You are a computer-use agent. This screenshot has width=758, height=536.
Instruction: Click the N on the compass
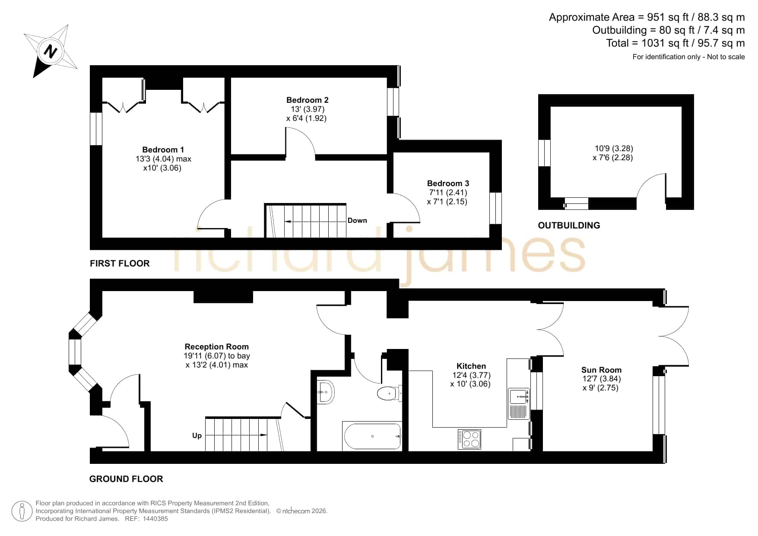pos(51,51)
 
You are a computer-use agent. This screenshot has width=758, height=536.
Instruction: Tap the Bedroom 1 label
pos(163,150)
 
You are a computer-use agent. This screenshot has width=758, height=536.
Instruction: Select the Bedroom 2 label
pos(307,100)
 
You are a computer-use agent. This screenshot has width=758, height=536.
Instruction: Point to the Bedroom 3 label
pos(448,184)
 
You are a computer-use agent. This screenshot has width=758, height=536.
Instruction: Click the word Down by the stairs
pos(357,220)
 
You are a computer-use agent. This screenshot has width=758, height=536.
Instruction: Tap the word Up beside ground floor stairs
pos(197,435)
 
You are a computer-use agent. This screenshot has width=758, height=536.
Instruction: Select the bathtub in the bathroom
pos(372,436)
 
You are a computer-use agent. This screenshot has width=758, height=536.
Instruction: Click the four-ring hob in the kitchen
pos(469,439)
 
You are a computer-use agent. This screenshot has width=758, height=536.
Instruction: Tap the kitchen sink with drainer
pos(518,404)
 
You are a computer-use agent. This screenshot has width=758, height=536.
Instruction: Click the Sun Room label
pos(601,370)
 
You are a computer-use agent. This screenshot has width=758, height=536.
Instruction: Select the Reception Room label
pos(216,347)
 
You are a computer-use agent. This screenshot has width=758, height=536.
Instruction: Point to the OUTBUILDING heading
pos(569,225)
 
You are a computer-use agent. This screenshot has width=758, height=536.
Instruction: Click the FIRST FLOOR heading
pos(120,263)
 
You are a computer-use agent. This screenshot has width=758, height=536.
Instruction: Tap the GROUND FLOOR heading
pos(126,479)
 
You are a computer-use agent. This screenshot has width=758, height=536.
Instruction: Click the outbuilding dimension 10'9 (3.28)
pos(614,149)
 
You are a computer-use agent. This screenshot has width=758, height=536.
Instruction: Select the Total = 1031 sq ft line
pos(676,43)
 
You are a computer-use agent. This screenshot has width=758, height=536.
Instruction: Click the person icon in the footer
pos(22,511)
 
